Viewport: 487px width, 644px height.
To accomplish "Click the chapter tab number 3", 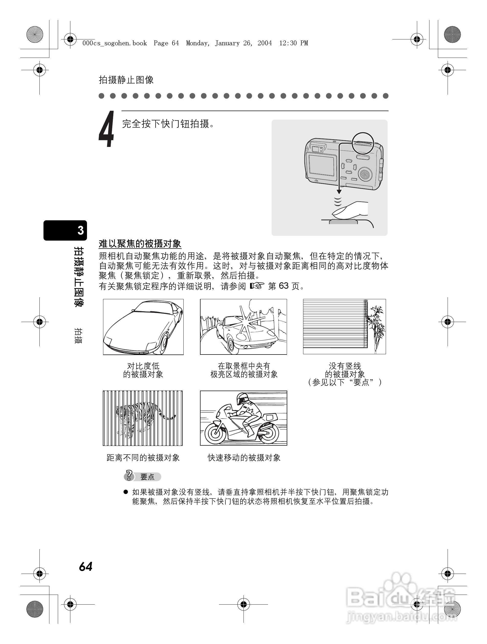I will [x=81, y=230].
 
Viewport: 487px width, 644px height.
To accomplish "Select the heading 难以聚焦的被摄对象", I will [x=140, y=244].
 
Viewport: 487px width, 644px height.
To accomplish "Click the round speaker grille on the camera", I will [x=364, y=174].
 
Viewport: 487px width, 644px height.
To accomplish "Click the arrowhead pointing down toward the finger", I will [x=339, y=191].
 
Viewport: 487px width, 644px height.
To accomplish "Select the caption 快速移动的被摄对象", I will [x=244, y=458].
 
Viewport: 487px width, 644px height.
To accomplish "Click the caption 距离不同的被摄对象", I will [x=143, y=458].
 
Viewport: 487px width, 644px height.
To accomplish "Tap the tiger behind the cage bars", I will [x=142, y=416].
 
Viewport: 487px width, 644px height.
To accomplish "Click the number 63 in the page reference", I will [x=283, y=286].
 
